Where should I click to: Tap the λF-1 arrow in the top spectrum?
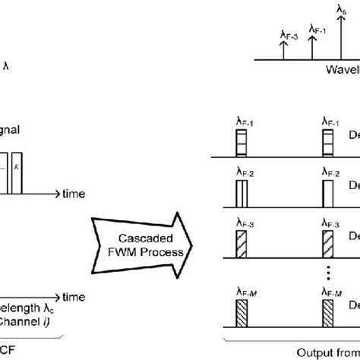tap(311, 46)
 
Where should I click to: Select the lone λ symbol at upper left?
tap(7, 66)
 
